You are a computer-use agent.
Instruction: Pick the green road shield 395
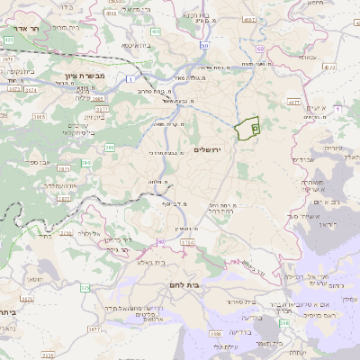(85, 163)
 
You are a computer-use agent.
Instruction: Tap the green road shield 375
(85, 288)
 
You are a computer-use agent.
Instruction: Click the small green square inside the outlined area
(255, 130)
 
